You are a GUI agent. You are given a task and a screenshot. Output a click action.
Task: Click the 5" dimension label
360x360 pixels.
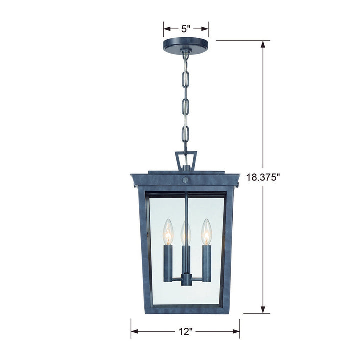click(x=185, y=29)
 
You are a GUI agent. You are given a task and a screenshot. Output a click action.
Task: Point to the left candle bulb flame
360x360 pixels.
click(x=168, y=230)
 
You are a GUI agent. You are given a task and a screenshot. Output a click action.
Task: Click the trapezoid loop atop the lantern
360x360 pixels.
click(x=185, y=160)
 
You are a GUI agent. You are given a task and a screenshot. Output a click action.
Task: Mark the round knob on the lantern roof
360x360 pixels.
click(x=185, y=179)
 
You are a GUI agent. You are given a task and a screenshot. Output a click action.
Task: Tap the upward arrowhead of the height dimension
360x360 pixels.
click(x=263, y=44)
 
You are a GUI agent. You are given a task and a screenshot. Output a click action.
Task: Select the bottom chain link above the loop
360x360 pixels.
click(x=185, y=135)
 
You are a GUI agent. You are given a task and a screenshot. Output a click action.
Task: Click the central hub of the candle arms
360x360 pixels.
click(x=186, y=277)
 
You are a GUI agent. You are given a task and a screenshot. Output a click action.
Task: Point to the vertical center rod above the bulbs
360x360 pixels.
click(x=186, y=205)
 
